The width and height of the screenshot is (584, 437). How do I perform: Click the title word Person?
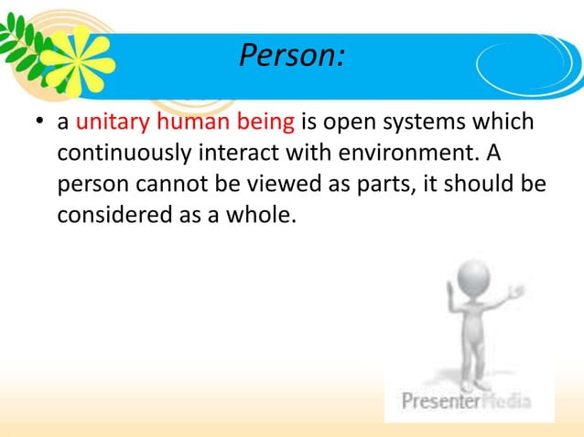(x=291, y=58)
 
